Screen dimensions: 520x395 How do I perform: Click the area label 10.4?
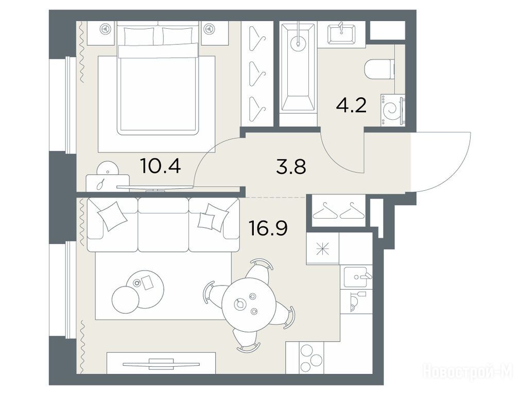coord(161,166)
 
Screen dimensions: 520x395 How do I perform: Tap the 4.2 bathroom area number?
coord(351,106)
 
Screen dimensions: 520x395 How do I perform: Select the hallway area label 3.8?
coord(291,167)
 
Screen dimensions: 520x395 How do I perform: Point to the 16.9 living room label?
coord(268,228)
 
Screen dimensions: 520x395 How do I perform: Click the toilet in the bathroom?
coord(379,69)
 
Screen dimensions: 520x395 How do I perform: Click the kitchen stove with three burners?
coord(311,358)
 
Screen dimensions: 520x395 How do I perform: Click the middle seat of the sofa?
coord(163,225)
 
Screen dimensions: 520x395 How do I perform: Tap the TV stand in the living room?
coord(161,363)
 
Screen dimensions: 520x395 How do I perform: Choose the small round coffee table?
coord(125,300)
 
